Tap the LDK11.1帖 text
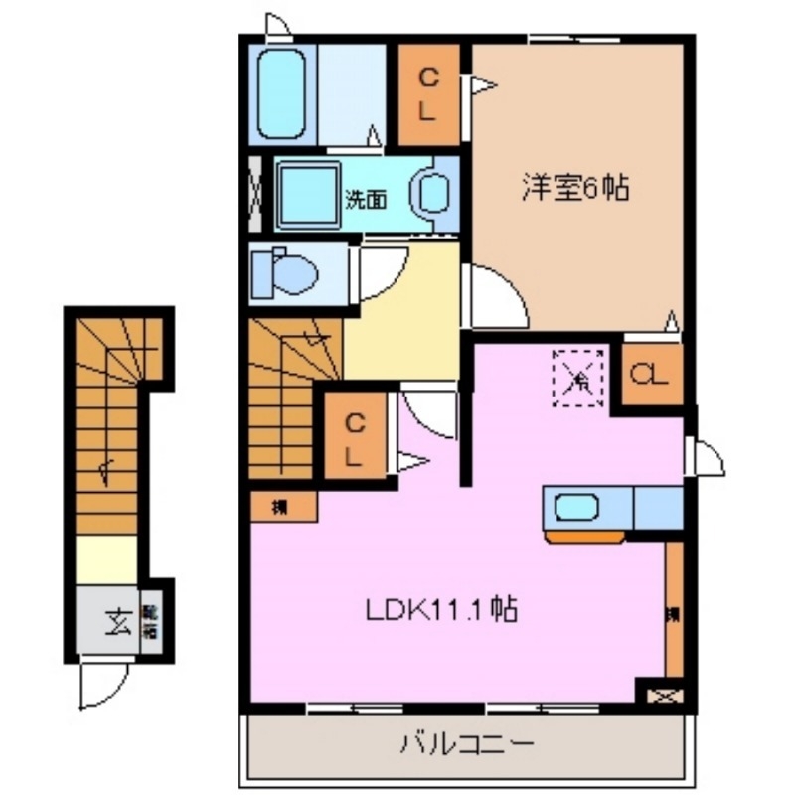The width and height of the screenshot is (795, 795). [443, 609]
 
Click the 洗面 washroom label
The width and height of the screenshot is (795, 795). [366, 198]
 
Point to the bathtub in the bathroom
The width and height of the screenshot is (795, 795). [282, 94]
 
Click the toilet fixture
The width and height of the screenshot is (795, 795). [283, 272]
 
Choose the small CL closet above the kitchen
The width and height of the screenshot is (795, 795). [652, 376]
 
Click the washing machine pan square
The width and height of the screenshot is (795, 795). [307, 192]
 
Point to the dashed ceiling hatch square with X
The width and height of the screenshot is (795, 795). [579, 378]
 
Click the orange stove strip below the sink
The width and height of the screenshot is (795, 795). [585, 538]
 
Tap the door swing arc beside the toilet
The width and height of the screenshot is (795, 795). [380, 272]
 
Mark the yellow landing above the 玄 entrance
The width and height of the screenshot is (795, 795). [107, 559]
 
